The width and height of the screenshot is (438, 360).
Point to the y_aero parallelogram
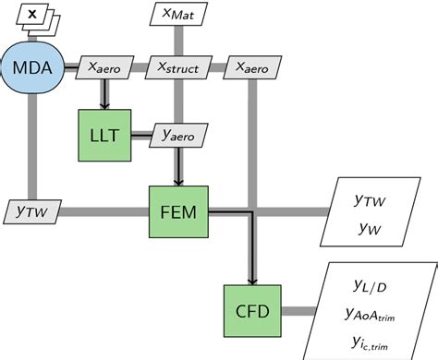177,135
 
